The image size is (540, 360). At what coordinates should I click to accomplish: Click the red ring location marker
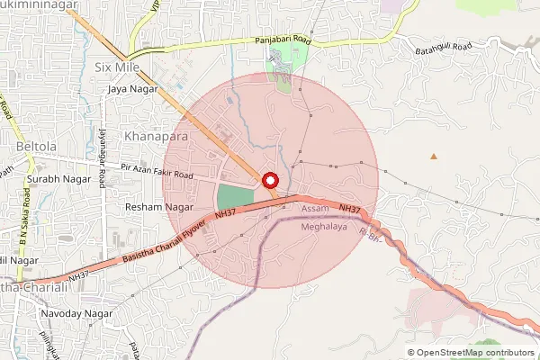[x=270, y=180]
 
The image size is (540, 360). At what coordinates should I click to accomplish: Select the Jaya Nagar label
[x=132, y=89]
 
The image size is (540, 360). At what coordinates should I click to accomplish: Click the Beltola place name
[x=37, y=145]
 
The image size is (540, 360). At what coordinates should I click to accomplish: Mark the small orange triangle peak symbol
[x=434, y=157]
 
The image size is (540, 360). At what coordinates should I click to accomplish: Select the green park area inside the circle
[x=236, y=197]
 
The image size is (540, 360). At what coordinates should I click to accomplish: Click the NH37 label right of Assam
[x=351, y=209]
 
